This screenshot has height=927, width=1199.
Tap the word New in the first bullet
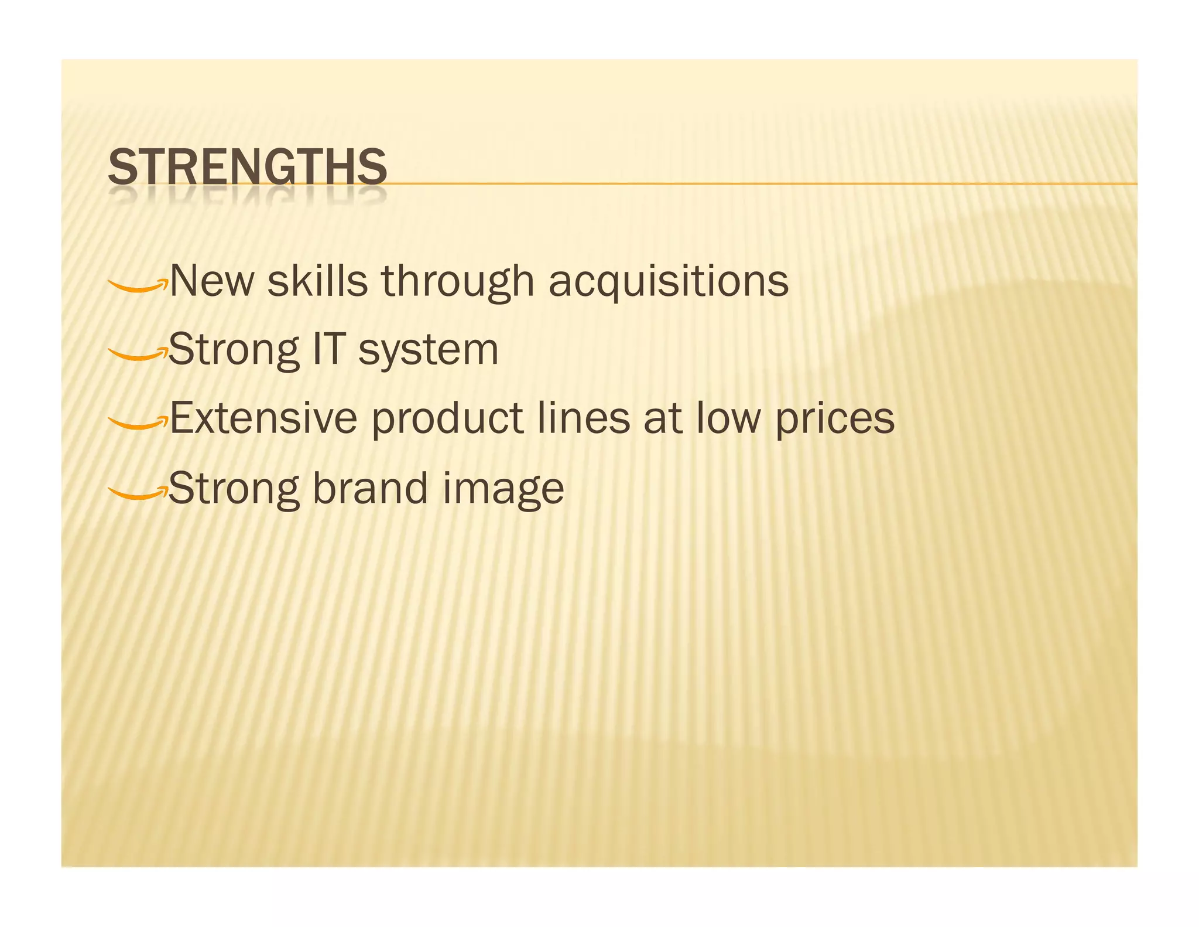(212, 281)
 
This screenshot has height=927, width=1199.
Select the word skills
(317, 281)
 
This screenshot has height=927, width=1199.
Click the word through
(458, 282)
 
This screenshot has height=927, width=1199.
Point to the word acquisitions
(668, 282)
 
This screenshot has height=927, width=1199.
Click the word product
(447, 420)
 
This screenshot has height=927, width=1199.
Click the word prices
(835, 420)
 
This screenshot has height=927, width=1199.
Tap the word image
(503, 490)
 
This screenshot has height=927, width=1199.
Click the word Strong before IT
(233, 350)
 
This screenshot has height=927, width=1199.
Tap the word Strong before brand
(233, 489)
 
